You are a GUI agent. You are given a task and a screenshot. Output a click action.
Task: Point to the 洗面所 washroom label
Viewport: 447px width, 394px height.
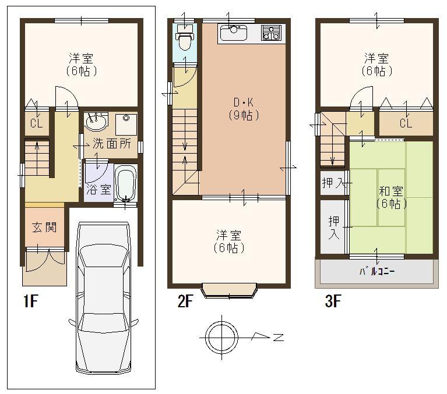112,144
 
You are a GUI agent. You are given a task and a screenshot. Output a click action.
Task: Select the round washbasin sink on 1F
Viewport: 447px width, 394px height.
96,123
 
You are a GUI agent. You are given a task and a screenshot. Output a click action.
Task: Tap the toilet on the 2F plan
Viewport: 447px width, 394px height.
184,40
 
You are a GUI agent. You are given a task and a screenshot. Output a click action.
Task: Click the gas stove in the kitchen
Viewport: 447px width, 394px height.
271,33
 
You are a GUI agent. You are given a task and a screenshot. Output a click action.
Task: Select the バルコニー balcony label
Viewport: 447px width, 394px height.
376,272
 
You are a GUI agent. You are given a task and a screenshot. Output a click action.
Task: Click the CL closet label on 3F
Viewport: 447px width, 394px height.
406,124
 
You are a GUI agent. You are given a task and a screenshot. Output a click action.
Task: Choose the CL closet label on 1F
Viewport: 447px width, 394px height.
36,123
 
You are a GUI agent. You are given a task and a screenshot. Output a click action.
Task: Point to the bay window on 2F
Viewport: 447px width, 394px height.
229,290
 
